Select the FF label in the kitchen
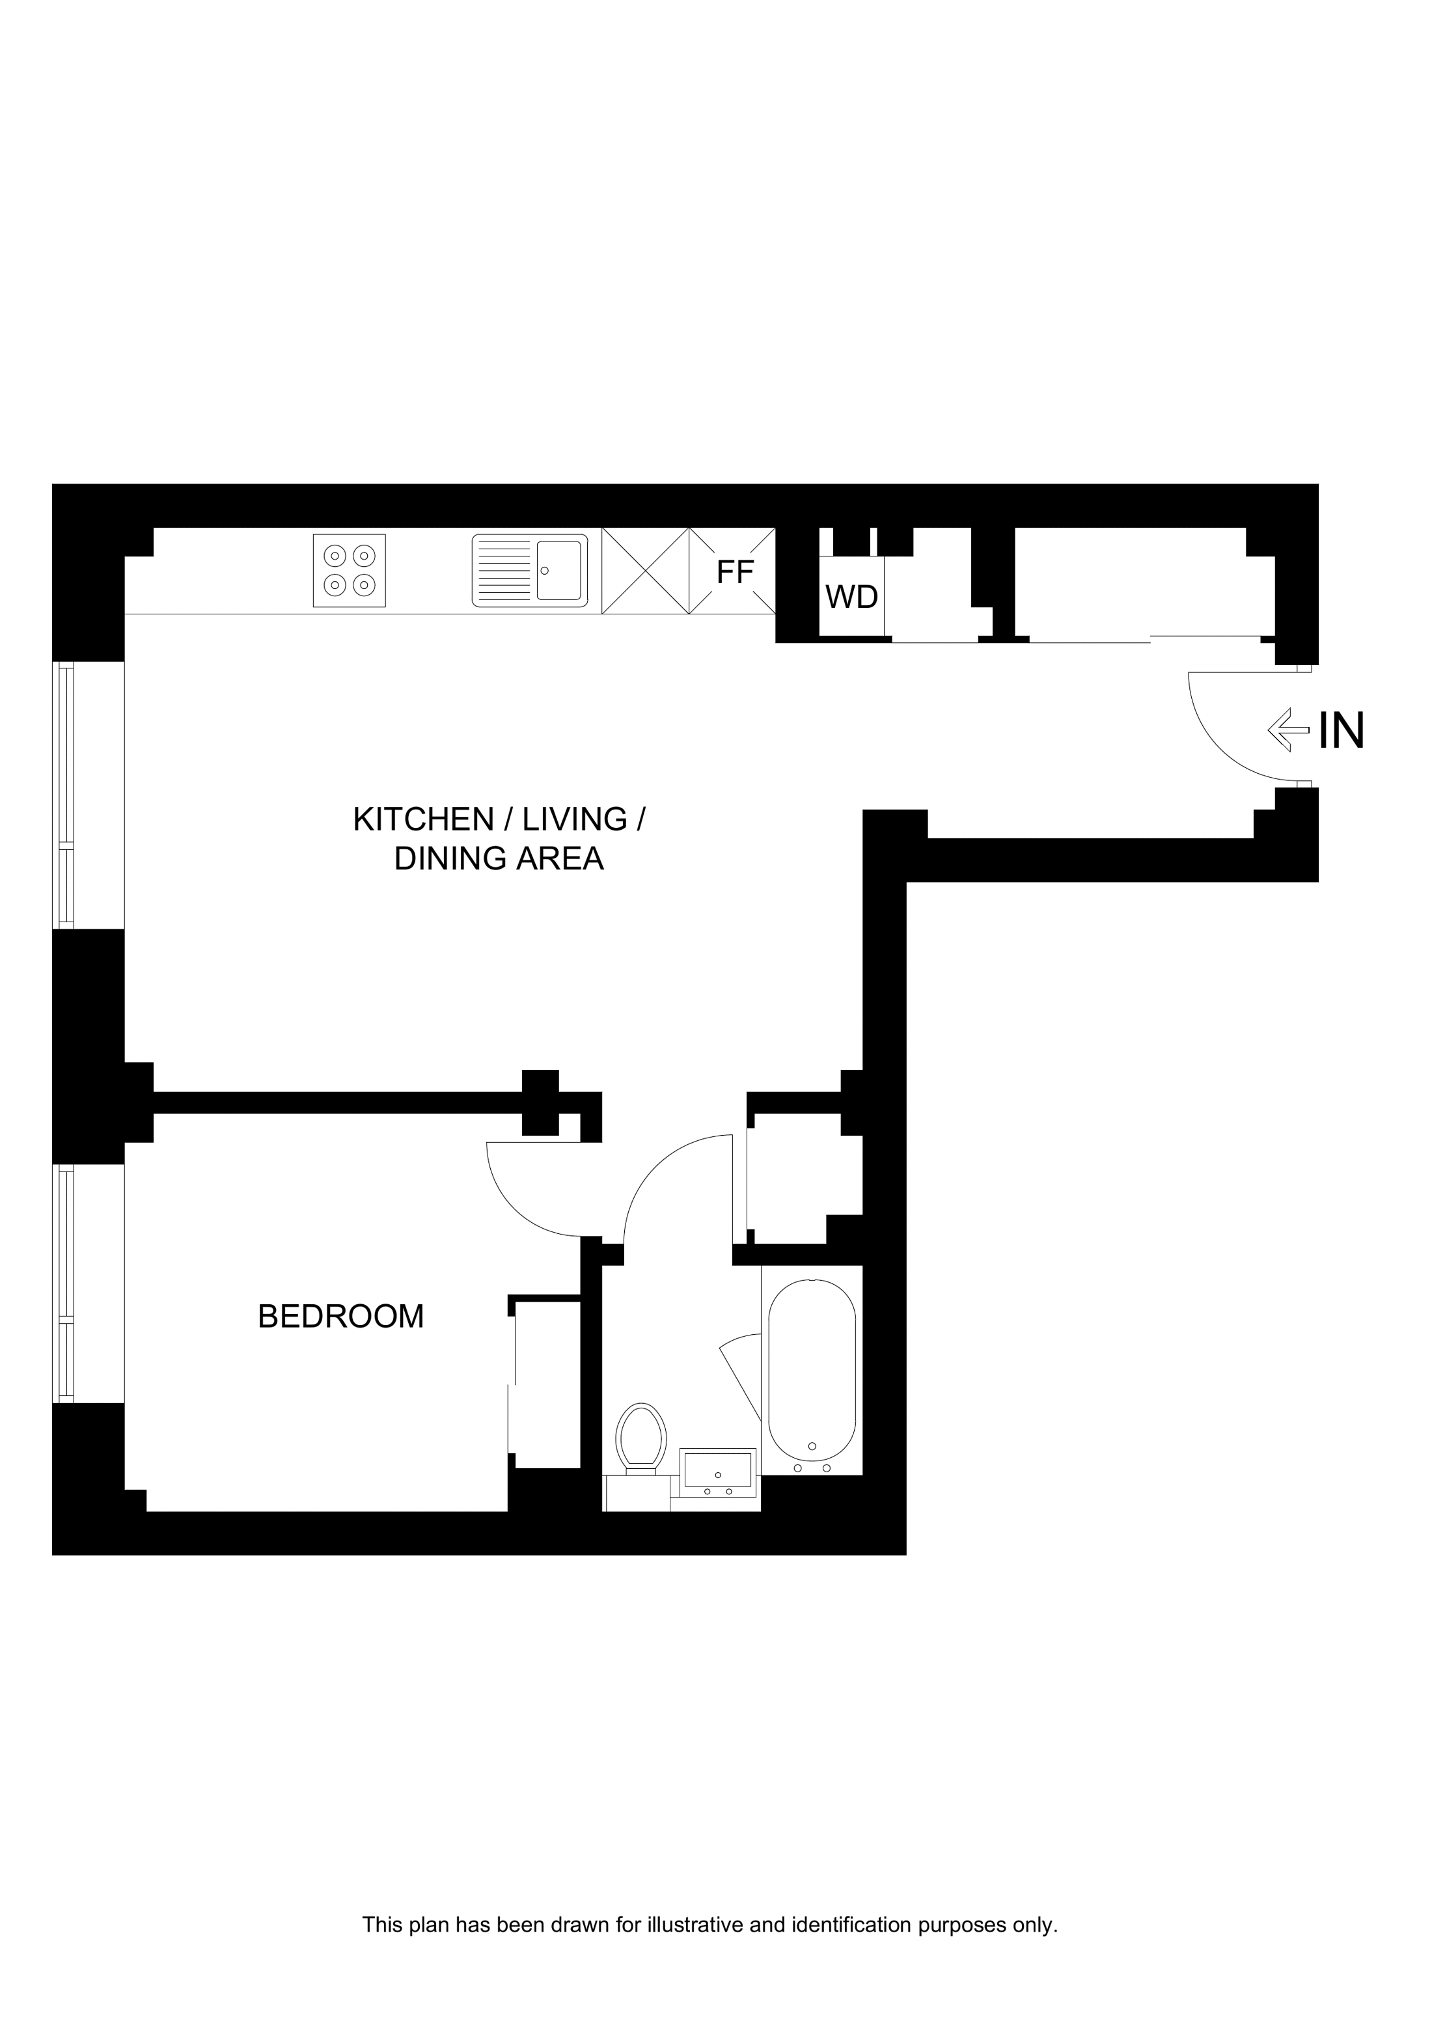click(x=735, y=573)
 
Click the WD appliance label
click(x=851, y=597)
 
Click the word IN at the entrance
click(x=1341, y=731)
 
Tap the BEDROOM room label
click(x=340, y=1316)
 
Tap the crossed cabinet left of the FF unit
click(x=645, y=570)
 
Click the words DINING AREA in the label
click(x=499, y=858)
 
